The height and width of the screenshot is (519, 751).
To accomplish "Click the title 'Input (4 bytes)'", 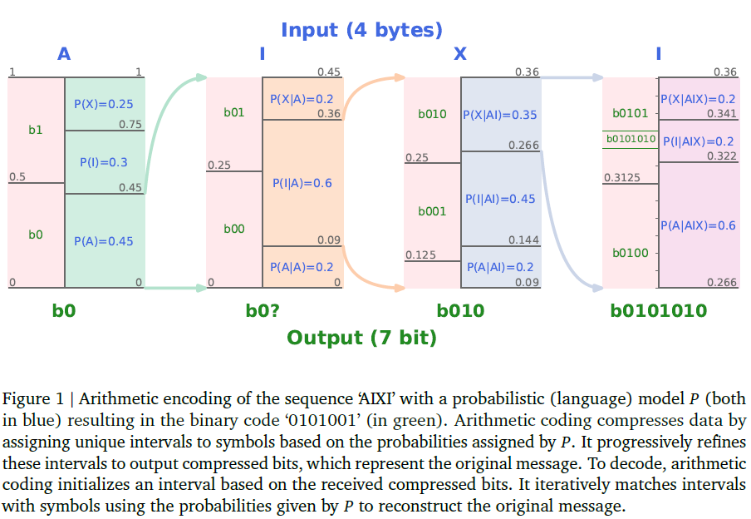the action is pyautogui.click(x=361, y=30).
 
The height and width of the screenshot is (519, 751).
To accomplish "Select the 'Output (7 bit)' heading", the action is pyautogui.click(x=361, y=338).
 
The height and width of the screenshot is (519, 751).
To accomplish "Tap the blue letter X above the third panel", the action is pyautogui.click(x=460, y=54).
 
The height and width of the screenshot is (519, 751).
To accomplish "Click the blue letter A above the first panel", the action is pyautogui.click(x=64, y=54).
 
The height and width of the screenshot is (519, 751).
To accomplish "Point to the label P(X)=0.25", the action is pyautogui.click(x=104, y=104).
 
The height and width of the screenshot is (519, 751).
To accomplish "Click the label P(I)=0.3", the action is pyautogui.click(x=104, y=163).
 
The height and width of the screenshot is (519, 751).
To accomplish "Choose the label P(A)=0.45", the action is pyautogui.click(x=104, y=241).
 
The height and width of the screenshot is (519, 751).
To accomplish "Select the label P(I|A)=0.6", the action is pyautogui.click(x=302, y=183).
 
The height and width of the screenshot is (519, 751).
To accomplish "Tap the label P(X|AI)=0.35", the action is pyautogui.click(x=500, y=115).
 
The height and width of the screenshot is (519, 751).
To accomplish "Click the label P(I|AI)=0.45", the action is pyautogui.click(x=500, y=199).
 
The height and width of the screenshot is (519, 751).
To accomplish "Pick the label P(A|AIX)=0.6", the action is pyautogui.click(x=699, y=225).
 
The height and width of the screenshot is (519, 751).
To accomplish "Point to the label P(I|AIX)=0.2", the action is pyautogui.click(x=699, y=141).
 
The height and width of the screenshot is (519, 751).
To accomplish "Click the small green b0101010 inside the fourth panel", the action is pyautogui.click(x=631, y=139).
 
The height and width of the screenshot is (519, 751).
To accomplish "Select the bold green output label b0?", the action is pyautogui.click(x=263, y=311).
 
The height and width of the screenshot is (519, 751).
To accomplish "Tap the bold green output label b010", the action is pyautogui.click(x=460, y=311).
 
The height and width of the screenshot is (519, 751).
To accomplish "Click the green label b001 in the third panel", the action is pyautogui.click(x=432, y=211).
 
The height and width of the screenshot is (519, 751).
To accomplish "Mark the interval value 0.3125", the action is pyautogui.click(x=622, y=178).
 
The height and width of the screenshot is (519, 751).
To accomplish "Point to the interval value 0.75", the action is pyautogui.click(x=130, y=125).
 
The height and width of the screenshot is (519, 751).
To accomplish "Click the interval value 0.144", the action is pyautogui.click(x=524, y=240).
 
